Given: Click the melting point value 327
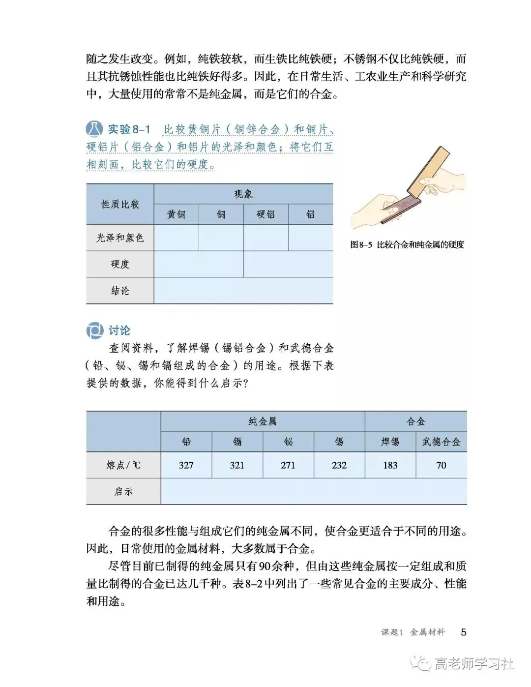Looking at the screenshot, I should coord(186,465).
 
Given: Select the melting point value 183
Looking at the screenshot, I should coord(390,465).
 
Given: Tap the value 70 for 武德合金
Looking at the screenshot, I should coord(441,465).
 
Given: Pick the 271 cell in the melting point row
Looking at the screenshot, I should coord(288,465).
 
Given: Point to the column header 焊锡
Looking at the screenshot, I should coord(390,442).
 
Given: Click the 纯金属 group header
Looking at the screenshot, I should coord(263,421).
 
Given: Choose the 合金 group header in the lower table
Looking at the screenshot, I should coord(415,421).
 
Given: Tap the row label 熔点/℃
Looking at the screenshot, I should coord(123,465).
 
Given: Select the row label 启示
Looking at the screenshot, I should coord(123,491).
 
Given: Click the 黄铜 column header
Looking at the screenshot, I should coord(176,214).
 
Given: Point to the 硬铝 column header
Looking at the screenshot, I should coord(265,214).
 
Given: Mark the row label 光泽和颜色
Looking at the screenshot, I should coord(120,238).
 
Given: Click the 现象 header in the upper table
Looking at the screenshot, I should coord(243,194).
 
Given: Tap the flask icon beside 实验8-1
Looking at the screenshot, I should coord(94,129).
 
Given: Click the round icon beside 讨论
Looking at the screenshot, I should coord(94,330).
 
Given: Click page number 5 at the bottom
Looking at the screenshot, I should coord(464,632).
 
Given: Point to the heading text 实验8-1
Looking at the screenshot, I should coord(129,129).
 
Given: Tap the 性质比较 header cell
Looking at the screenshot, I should coord(120,204).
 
